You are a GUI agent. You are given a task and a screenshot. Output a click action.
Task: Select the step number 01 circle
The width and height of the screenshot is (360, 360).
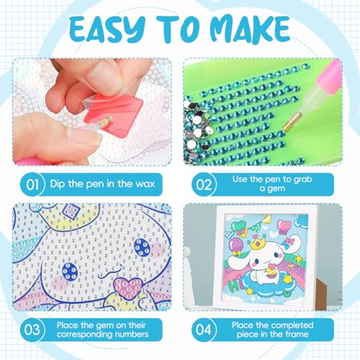[x=32, y=184]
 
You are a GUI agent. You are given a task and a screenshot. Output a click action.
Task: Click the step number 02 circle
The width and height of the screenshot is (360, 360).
[x=204, y=184]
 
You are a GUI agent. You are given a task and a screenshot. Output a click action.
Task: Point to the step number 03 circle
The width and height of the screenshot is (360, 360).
[x=32, y=330]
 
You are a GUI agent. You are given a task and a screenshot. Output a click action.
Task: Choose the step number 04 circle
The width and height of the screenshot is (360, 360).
[x=204, y=330]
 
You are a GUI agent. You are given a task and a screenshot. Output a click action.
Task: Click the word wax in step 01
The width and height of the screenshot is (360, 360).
[x=145, y=184]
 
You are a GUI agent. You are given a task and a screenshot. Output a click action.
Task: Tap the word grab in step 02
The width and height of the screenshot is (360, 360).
[x=300, y=179]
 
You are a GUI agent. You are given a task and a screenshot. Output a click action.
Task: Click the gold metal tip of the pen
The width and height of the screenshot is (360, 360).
[x=292, y=122]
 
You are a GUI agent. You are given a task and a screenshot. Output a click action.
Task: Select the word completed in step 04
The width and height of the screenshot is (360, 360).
[x=289, y=325]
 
